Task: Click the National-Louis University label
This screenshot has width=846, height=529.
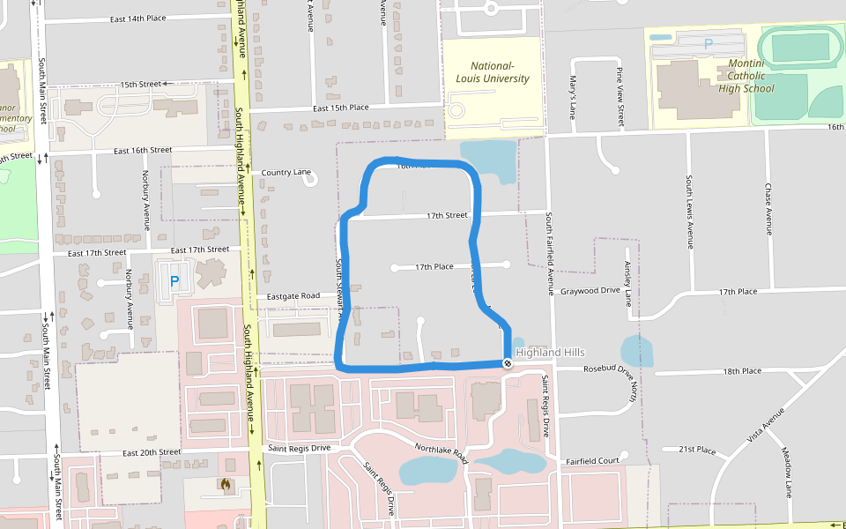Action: (492, 72)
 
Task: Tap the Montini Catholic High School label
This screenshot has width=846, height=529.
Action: (746, 76)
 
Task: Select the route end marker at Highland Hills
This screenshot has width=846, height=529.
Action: (508, 363)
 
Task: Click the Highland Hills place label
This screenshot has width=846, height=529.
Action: (550, 353)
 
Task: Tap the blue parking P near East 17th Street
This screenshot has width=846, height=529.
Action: (174, 282)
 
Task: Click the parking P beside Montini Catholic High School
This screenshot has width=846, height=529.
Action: (708, 42)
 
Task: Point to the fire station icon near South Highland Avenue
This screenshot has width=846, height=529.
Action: (226, 484)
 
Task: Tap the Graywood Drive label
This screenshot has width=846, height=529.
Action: (590, 290)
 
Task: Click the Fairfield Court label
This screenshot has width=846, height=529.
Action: (593, 460)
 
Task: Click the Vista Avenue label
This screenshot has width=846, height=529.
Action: (766, 426)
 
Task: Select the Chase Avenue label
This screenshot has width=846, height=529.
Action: (768, 209)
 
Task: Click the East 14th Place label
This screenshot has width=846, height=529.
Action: (138, 19)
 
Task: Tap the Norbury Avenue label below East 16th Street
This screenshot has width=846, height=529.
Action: (146, 198)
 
